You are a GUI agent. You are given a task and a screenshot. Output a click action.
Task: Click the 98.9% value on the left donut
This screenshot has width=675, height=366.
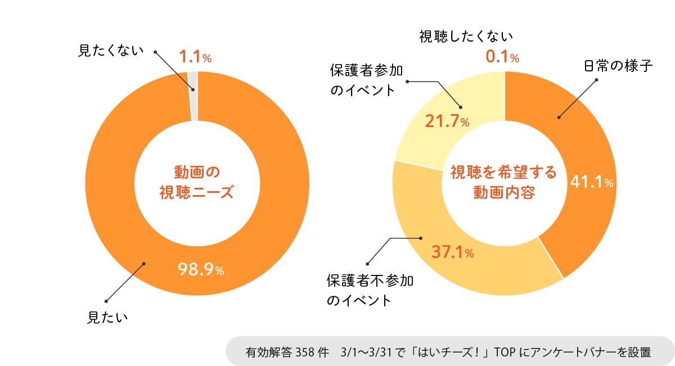point(201,270)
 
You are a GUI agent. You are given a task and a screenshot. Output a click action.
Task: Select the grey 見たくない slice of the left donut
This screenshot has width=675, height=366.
point(193,96)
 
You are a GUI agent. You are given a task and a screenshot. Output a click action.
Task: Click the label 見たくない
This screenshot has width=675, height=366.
point(111,51)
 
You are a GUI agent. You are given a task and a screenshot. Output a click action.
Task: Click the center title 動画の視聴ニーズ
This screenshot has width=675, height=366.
point(196,182)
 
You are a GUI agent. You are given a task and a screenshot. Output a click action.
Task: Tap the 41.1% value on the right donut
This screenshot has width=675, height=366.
point(592,182)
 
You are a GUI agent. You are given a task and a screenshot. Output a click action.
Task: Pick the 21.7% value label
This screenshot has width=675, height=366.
point(447,120)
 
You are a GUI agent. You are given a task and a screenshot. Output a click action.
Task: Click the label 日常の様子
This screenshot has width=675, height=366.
point(616,66)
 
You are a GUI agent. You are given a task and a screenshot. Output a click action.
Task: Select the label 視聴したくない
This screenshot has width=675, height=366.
point(466,37)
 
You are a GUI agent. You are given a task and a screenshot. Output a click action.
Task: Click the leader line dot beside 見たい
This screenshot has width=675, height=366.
point(144,263)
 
